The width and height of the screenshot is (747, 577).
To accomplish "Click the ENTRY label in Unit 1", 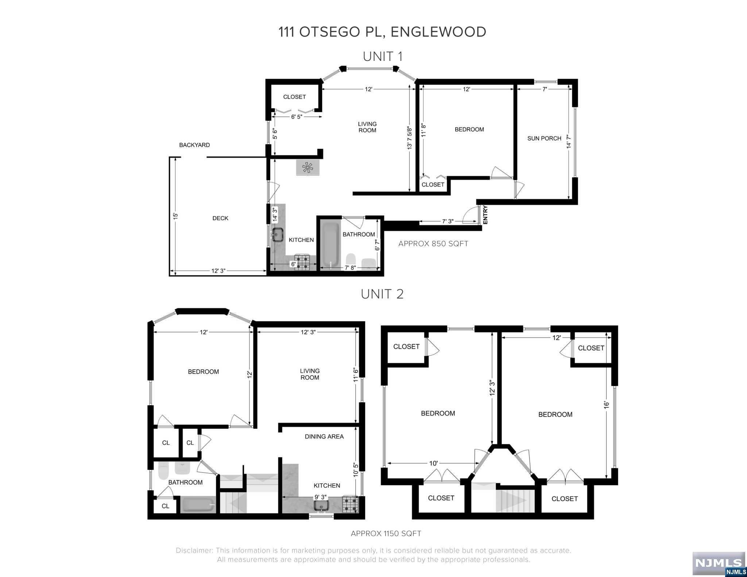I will tap(485, 215).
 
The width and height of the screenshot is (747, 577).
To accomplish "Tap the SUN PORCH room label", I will tap(544, 139).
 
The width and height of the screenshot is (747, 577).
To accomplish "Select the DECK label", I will tap(220, 218).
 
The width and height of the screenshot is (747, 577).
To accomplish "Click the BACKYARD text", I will tap(194, 145).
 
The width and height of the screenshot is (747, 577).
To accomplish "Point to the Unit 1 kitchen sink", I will tap(278, 234).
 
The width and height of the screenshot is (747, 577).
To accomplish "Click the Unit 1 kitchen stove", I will tap(302, 262).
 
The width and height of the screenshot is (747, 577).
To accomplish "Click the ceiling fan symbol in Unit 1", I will tap(307, 168).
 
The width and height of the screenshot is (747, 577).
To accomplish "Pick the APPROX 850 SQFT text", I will tap(433, 244).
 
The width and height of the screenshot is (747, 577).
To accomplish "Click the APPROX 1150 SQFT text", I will tap(386, 534).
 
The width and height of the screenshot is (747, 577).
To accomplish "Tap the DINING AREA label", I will tap(324, 437).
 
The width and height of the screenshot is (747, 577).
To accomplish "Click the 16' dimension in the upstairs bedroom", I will tap(607, 405).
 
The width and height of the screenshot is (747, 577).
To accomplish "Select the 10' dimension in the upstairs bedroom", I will tap(433, 464).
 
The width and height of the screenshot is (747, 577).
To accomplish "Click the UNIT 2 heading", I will tap(382, 294).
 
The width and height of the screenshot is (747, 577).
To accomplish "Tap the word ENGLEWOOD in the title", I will tap(438, 32).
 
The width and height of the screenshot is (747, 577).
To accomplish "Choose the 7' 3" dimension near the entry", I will tap(448, 221).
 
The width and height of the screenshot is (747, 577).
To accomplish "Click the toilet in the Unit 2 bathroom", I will tap(164, 471).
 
